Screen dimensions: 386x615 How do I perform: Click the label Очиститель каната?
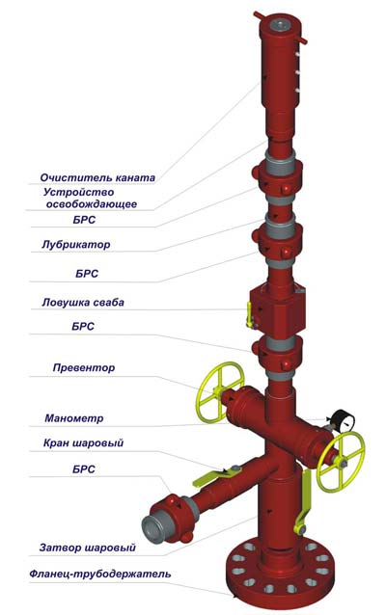point(97,177)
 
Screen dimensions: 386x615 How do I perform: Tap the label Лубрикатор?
point(76,245)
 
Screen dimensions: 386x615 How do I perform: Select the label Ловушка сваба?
point(83,303)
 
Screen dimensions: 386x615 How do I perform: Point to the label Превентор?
point(84,368)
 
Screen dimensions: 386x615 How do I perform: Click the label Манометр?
point(74,418)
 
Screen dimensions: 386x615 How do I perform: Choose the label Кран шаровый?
point(83,443)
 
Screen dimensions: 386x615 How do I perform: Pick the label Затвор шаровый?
point(87,548)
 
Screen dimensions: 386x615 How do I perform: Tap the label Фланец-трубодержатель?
point(100,575)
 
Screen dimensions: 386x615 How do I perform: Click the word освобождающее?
point(92,204)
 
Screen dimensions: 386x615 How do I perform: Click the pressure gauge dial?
point(344,420)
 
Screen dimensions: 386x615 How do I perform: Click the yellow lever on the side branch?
point(215,476)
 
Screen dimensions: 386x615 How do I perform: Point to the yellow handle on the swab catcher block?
point(249,313)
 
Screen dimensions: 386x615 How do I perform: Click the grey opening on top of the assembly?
point(279,26)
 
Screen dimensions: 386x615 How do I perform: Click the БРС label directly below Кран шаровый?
point(84,469)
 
